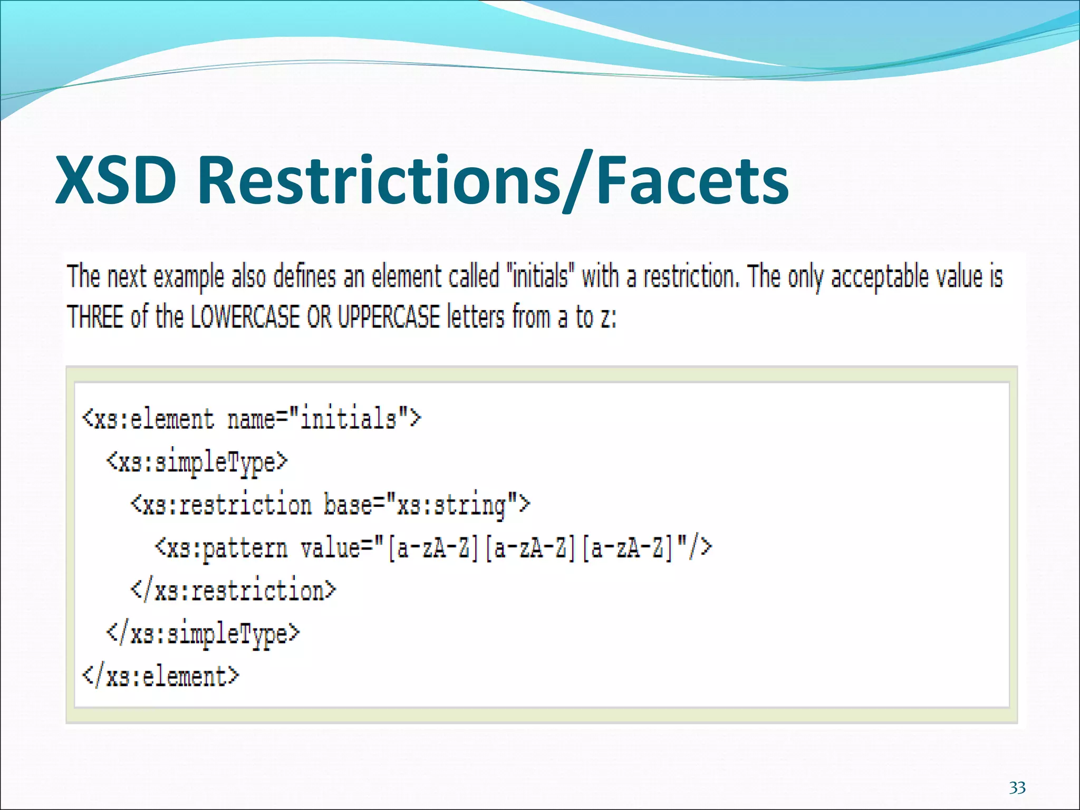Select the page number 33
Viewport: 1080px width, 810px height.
pyautogui.click(x=1017, y=788)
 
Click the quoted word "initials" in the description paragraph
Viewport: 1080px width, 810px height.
pyautogui.click(x=539, y=277)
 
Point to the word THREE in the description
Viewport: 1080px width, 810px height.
pyautogui.click(x=95, y=317)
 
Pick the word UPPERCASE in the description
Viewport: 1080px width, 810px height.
pyautogui.click(x=389, y=317)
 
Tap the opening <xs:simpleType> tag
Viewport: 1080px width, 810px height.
pyautogui.click(x=197, y=462)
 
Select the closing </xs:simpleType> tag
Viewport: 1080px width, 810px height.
pyautogui.click(x=203, y=633)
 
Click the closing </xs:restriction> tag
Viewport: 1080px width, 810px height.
pyautogui.click(x=233, y=591)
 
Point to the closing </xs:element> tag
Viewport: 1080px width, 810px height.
pyautogui.click(x=161, y=677)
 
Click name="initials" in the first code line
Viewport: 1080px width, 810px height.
pyautogui.click(x=324, y=419)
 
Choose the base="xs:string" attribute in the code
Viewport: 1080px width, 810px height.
pyautogui.click(x=426, y=505)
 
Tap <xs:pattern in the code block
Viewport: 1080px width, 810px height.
pyautogui.click(x=221, y=548)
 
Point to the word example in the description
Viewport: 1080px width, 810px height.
pyautogui.click(x=188, y=277)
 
